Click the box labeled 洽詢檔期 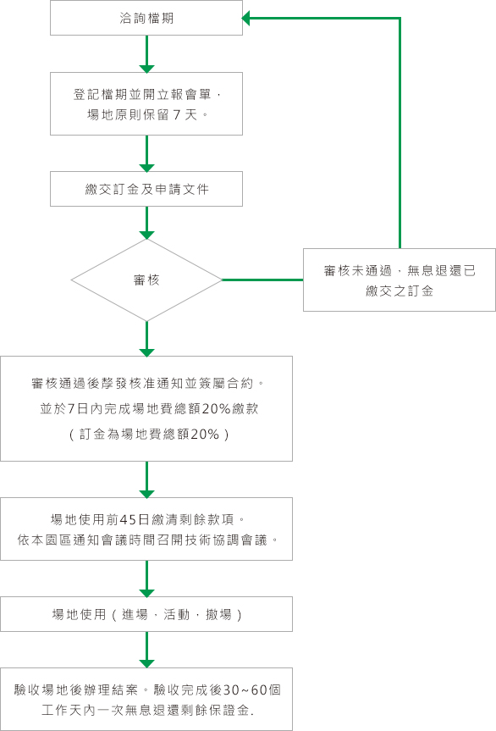(x=146, y=18)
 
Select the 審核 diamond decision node (x=146, y=280)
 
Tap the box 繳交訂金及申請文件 (x=146, y=189)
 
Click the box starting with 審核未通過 (x=399, y=280)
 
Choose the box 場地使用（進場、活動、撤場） (x=146, y=614)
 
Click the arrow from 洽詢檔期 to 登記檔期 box (x=146, y=54)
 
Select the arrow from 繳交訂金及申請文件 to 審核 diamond (x=146, y=222)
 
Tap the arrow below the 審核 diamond (x=146, y=339)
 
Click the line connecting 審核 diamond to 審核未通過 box (x=262, y=280)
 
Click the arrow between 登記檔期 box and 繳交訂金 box (x=146, y=153)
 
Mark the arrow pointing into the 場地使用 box (x=146, y=579)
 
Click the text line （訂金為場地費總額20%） (x=146, y=434)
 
